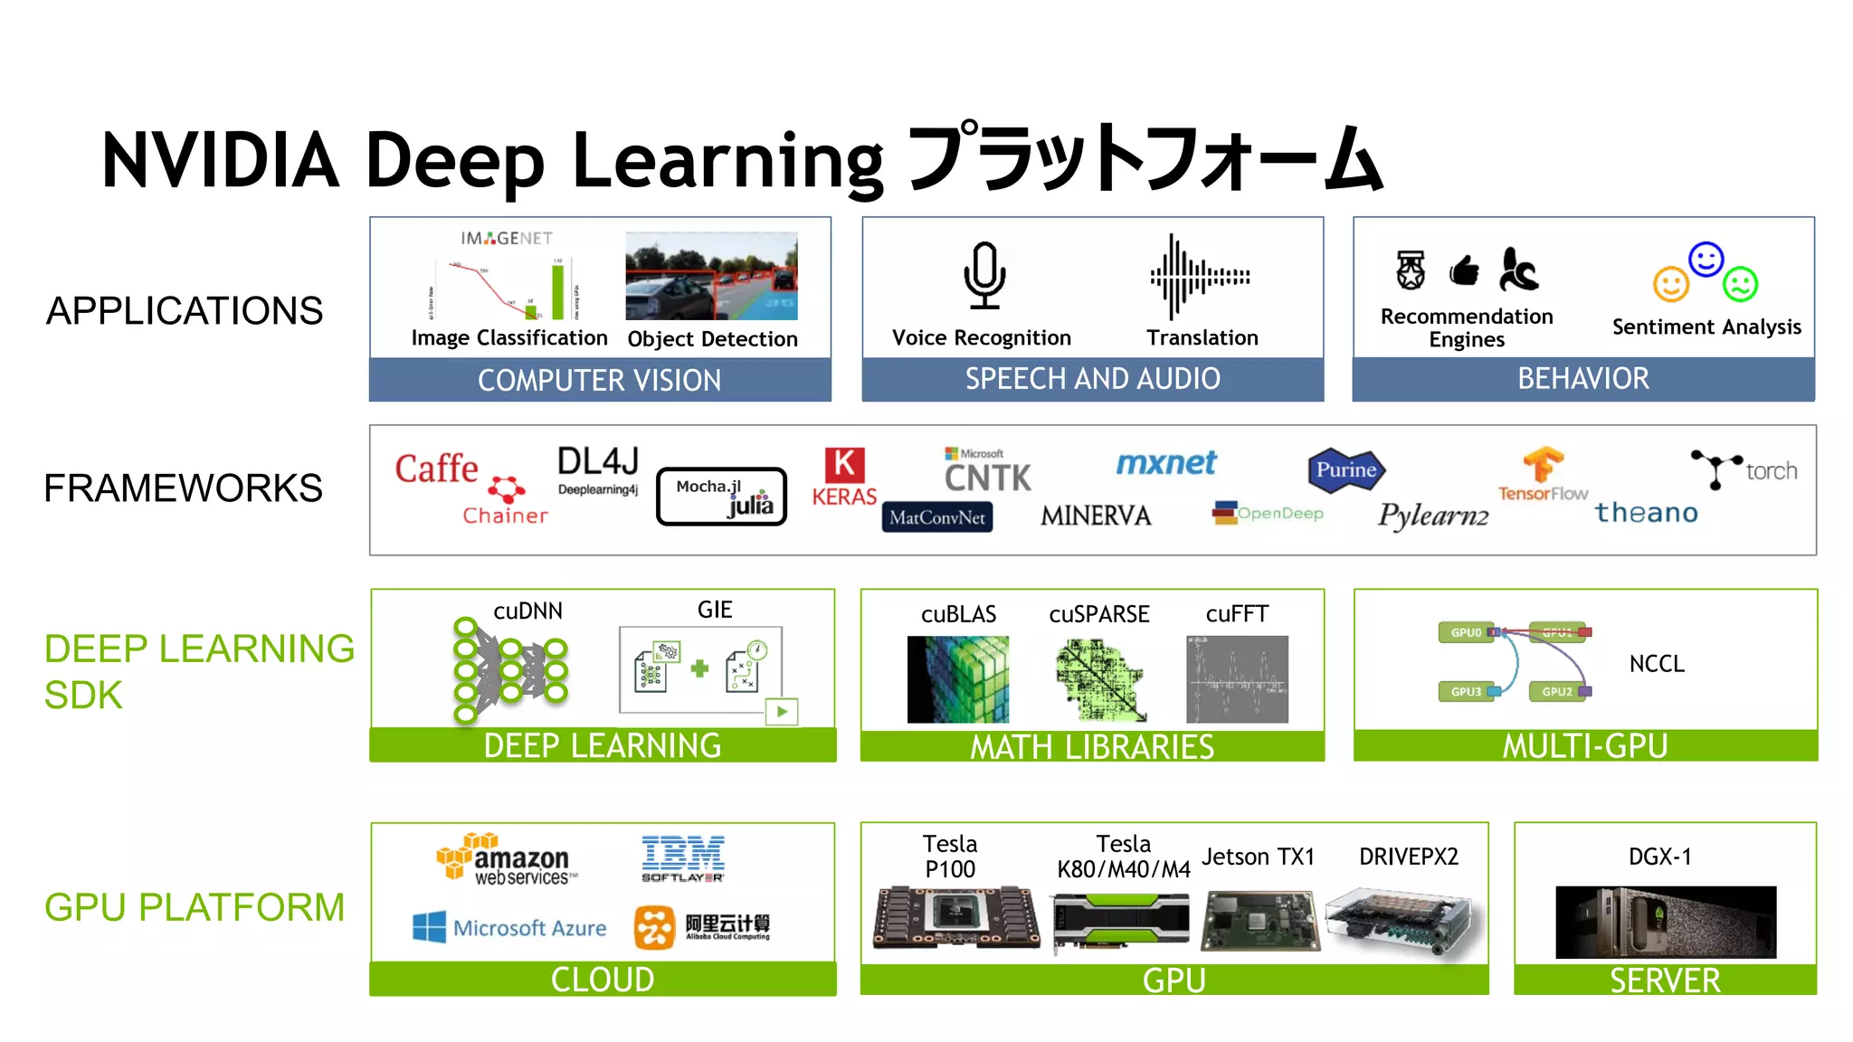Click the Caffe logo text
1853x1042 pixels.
point(436,469)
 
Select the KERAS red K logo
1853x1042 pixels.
point(844,465)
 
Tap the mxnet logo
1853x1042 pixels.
point(1166,463)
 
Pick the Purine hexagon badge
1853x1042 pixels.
point(1346,470)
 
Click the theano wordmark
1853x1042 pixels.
point(1646,513)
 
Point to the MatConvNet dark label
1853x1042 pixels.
point(937,517)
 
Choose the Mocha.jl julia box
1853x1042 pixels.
point(722,496)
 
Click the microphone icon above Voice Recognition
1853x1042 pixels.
point(984,275)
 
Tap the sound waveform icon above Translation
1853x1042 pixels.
point(1200,277)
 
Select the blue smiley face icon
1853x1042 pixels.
point(1706,260)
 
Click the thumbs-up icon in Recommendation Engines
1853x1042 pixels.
point(1464,270)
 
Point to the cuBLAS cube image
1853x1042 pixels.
point(958,679)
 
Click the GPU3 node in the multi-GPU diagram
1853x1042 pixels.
point(1467,692)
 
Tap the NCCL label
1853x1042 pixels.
point(1657,664)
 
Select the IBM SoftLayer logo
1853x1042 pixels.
point(683,858)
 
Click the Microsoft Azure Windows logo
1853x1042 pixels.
point(429,927)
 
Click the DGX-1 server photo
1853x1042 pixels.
point(1666,922)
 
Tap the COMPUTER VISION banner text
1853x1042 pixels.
point(599,381)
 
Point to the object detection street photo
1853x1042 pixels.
point(712,276)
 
